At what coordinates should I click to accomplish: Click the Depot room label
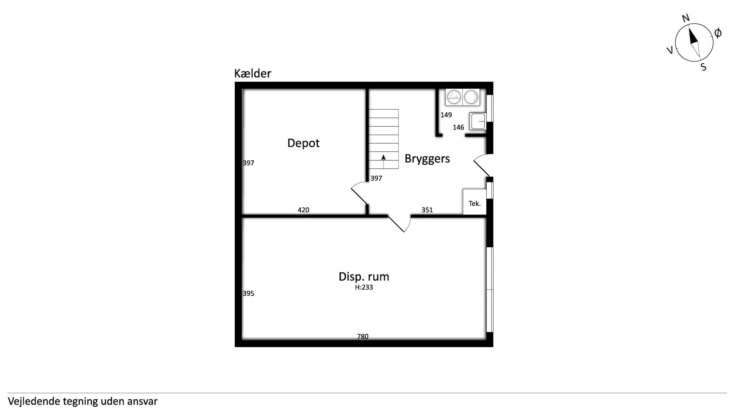303,143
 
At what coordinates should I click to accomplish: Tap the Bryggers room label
427,159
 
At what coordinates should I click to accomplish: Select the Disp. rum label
364,277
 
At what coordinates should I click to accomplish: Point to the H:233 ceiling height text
364,287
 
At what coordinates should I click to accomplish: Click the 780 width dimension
363,336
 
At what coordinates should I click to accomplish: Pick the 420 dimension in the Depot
303,210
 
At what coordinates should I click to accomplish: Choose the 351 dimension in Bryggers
427,210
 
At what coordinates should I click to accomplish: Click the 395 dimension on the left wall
248,294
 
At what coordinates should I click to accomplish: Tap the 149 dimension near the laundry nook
446,115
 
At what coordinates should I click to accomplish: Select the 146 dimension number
458,127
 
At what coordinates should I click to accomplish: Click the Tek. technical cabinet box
475,202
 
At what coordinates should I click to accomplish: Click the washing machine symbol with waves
454,97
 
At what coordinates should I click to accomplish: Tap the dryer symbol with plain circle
471,97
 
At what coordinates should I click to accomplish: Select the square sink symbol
477,121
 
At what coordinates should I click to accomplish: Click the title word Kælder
253,73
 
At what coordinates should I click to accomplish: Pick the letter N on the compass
686,18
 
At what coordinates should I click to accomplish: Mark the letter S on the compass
704,67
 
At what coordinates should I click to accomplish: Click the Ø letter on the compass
718,33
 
